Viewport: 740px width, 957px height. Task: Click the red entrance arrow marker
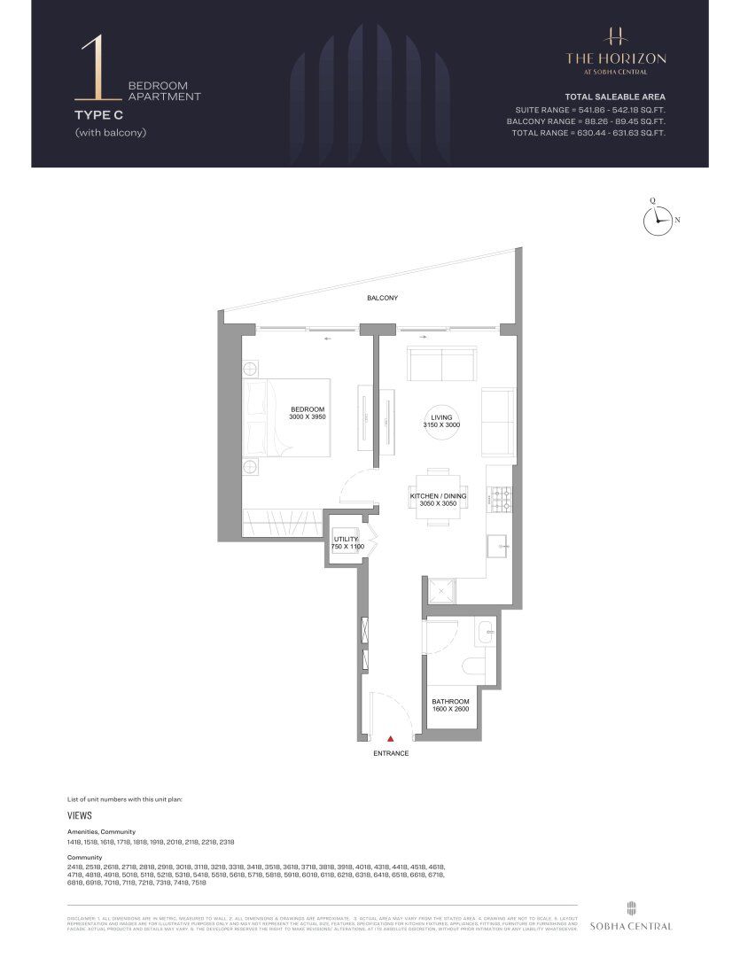pos(390,736)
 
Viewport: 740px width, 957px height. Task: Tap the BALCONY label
pos(383,299)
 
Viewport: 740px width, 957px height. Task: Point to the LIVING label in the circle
pos(441,416)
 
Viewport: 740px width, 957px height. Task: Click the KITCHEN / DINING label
pos(438,496)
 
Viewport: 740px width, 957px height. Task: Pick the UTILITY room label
pos(346,539)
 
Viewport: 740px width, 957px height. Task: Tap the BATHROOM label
pos(450,701)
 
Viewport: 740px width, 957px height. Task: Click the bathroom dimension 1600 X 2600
pos(450,709)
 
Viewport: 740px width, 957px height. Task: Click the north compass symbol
pos(657,221)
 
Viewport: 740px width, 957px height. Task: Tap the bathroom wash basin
pos(485,633)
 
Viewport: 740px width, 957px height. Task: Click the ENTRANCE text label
pos(391,753)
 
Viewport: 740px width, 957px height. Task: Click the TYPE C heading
pos(98,114)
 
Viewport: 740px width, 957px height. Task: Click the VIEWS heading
pos(80,815)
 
